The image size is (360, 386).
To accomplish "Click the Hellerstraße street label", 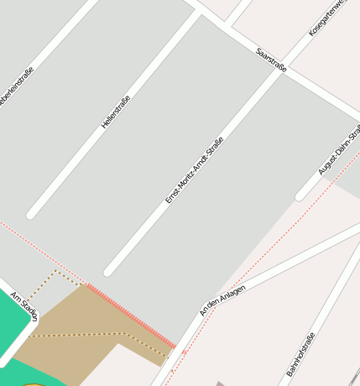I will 116,111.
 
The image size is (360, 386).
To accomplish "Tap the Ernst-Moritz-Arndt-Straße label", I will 194,170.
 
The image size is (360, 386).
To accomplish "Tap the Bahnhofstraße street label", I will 300,353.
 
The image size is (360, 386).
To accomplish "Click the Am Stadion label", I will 24,307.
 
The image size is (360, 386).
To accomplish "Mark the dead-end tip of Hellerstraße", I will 32,215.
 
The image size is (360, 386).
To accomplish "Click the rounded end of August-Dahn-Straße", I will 300,197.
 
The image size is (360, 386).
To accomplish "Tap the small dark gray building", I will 220,383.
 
